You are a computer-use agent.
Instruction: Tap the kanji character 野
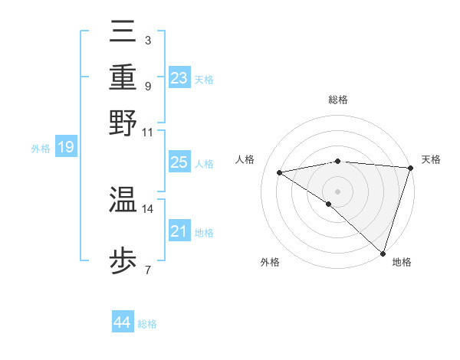point(123,123)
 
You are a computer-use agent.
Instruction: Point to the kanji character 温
point(123,200)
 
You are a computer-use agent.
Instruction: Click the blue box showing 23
point(179,77)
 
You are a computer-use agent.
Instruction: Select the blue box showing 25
point(179,162)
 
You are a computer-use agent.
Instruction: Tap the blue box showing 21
point(179,231)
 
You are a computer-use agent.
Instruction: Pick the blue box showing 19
point(66,147)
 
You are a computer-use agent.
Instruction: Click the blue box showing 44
point(122,322)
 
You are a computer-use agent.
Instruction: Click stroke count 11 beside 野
point(148,132)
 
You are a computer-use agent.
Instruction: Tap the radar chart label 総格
point(337,100)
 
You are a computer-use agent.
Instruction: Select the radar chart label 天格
point(431,159)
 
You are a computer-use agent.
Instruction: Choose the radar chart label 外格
point(270,262)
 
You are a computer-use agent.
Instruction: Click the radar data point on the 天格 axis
point(410,167)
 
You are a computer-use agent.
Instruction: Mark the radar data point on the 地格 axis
point(383,253)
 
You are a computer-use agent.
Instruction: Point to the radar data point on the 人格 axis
point(280,172)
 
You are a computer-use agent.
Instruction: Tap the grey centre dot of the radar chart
point(337,191)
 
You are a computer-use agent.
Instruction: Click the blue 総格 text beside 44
point(147,324)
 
